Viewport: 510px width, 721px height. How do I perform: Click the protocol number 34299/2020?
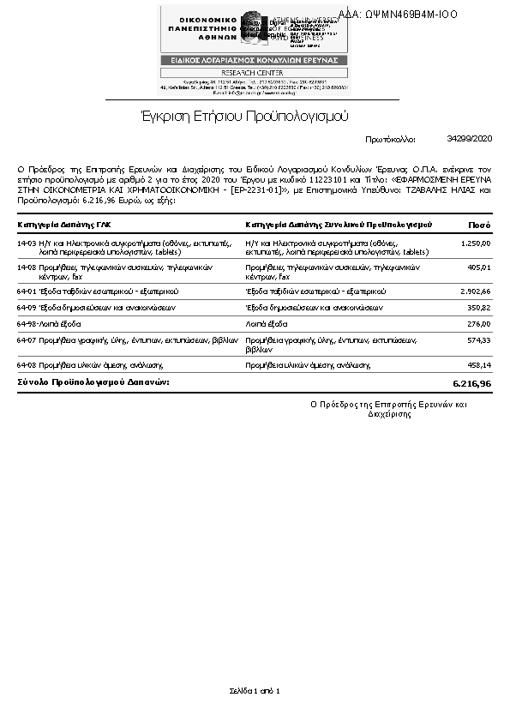470,137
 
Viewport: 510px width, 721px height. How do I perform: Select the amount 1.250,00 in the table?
475,243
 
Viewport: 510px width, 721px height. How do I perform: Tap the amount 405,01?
477,267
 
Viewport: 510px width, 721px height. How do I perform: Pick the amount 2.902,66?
474,291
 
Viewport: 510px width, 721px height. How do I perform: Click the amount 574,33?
477,340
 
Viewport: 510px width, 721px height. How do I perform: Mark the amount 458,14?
477,364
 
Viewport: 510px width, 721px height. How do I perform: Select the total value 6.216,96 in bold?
471,382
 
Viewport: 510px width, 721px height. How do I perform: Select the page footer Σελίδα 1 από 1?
255,690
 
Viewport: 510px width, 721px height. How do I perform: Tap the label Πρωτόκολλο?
390,138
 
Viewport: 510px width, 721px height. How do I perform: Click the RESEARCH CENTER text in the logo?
255,73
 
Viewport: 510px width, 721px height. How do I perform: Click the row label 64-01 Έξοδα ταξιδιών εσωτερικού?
98,291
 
